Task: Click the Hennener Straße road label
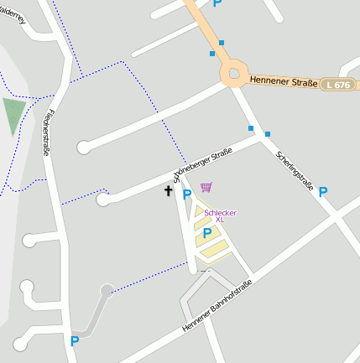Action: tap(283, 82)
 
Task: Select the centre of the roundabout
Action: tap(234, 75)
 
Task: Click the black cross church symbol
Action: tap(168, 191)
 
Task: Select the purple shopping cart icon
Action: tap(206, 187)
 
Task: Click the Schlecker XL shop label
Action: tap(220, 216)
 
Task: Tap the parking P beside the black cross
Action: tap(187, 194)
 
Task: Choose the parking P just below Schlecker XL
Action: tap(206, 233)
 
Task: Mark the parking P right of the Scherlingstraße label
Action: tap(323, 192)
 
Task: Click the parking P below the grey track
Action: tap(75, 341)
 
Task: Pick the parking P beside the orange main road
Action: tap(217, 3)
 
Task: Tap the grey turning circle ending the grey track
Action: tap(107, 290)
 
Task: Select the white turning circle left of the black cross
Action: tap(103, 200)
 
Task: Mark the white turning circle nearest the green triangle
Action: tap(83, 148)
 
